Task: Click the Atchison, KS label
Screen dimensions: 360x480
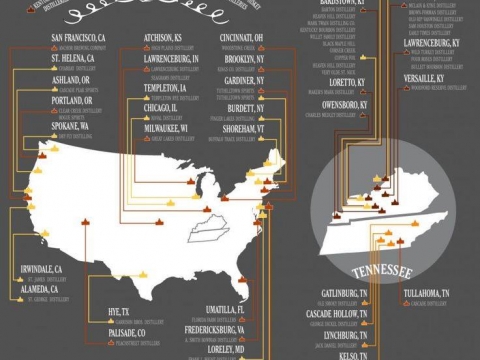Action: pyautogui.click(x=163, y=39)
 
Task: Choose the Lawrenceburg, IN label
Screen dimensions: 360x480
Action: pyautogui.click(x=171, y=60)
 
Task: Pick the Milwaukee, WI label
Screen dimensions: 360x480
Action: pyautogui.click(x=167, y=129)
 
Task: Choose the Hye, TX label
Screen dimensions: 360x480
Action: pyautogui.click(x=119, y=313)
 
